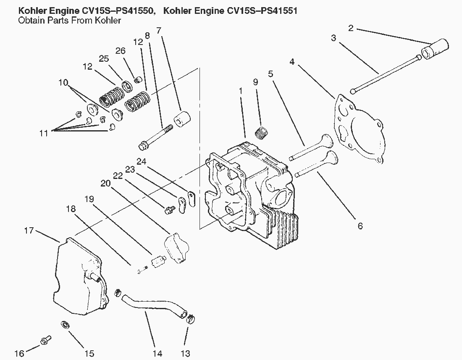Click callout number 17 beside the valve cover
tap(29, 230)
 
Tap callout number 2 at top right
tap(351, 28)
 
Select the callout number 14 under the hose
tap(157, 353)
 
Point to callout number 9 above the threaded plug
tap(255, 81)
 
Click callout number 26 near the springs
tap(120, 51)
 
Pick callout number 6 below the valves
tap(360, 226)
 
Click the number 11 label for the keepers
tap(44, 133)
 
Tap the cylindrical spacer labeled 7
tap(182, 119)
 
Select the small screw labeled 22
tap(170, 210)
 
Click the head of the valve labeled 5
tap(327, 141)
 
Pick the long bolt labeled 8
tap(155, 137)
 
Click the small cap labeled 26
tap(138, 80)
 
